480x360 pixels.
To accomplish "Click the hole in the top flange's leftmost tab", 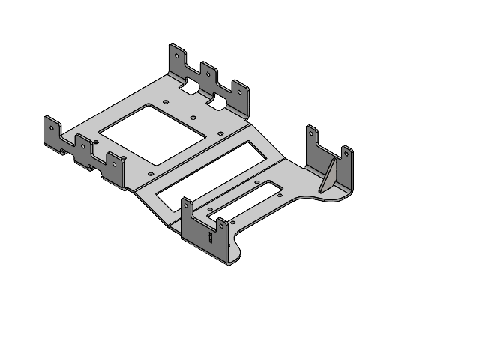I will point(177,55).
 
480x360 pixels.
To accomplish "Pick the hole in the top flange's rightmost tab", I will point(237,88).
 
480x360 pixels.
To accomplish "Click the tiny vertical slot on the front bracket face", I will point(211,238).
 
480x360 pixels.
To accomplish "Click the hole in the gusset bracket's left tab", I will point(310,133).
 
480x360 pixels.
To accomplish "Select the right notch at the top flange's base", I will point(218,103).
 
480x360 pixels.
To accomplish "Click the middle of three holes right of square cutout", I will point(193,118).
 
